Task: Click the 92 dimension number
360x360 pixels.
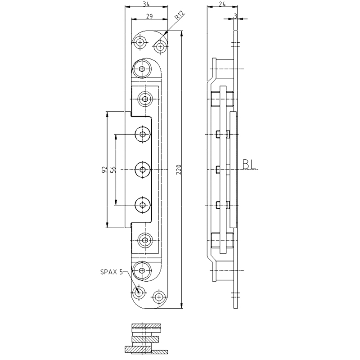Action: pyautogui.click(x=103, y=170)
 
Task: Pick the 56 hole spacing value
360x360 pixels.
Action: pyautogui.click(x=113, y=170)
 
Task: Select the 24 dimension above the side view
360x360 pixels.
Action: pyautogui.click(x=221, y=4)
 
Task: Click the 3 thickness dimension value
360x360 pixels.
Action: pyautogui.click(x=235, y=16)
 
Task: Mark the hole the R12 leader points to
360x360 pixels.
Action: pyautogui.click(x=159, y=45)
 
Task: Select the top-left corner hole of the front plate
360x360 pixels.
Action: pyautogui.click(x=141, y=42)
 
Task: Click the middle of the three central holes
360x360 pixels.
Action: pyautogui.click(x=143, y=170)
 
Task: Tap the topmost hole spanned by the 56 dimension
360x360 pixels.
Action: pyautogui.click(x=143, y=134)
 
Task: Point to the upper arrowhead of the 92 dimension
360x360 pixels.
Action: pyautogui.click(x=107, y=114)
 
